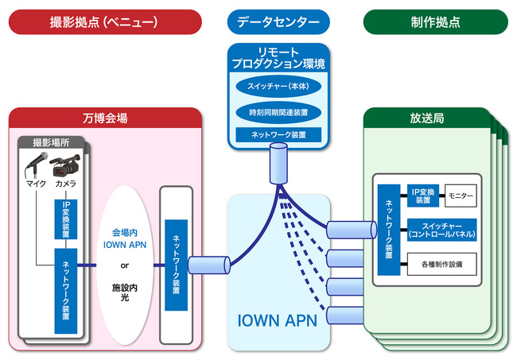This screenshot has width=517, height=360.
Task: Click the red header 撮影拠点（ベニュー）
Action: [104, 21]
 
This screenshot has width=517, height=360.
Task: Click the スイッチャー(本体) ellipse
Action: [278, 85]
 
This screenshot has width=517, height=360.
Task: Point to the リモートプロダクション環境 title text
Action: [278, 57]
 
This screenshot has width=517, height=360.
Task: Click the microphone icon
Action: [36, 166]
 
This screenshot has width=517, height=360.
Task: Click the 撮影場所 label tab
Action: [52, 142]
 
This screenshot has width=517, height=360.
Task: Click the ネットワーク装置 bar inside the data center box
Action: [278, 135]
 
